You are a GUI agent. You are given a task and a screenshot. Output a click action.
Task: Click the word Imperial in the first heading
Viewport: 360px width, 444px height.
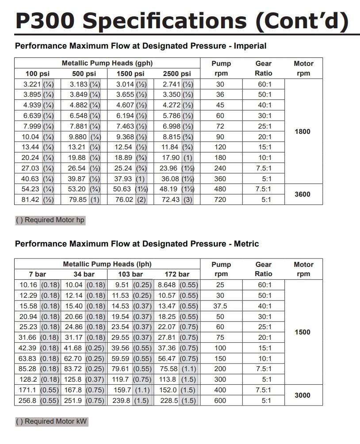point(250,46)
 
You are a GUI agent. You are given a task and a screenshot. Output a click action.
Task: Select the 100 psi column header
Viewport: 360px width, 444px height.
point(38,74)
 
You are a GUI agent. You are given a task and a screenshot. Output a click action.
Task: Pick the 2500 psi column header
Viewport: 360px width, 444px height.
point(177,74)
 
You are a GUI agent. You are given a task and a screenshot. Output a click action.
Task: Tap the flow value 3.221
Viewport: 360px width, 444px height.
point(32,84)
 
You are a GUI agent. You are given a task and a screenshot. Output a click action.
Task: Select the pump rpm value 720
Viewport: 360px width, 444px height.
point(220,200)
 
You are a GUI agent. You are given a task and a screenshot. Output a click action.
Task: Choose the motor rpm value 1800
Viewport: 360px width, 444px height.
point(303,132)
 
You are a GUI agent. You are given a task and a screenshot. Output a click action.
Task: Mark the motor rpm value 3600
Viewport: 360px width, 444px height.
point(303,194)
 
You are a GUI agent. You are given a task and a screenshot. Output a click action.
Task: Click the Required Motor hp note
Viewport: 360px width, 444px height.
point(50,220)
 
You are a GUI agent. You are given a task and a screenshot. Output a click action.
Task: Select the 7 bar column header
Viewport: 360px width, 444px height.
point(38,274)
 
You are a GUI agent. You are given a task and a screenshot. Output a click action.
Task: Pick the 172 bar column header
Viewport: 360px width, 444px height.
point(177,274)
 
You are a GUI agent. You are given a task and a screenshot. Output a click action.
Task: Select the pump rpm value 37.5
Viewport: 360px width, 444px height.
point(220,306)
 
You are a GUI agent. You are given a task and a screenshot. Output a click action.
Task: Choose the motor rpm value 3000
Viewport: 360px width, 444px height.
point(303,395)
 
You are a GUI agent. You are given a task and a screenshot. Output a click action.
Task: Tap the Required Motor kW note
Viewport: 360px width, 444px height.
point(51,421)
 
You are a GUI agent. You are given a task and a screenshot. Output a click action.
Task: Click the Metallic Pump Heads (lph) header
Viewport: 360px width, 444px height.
point(107,264)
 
